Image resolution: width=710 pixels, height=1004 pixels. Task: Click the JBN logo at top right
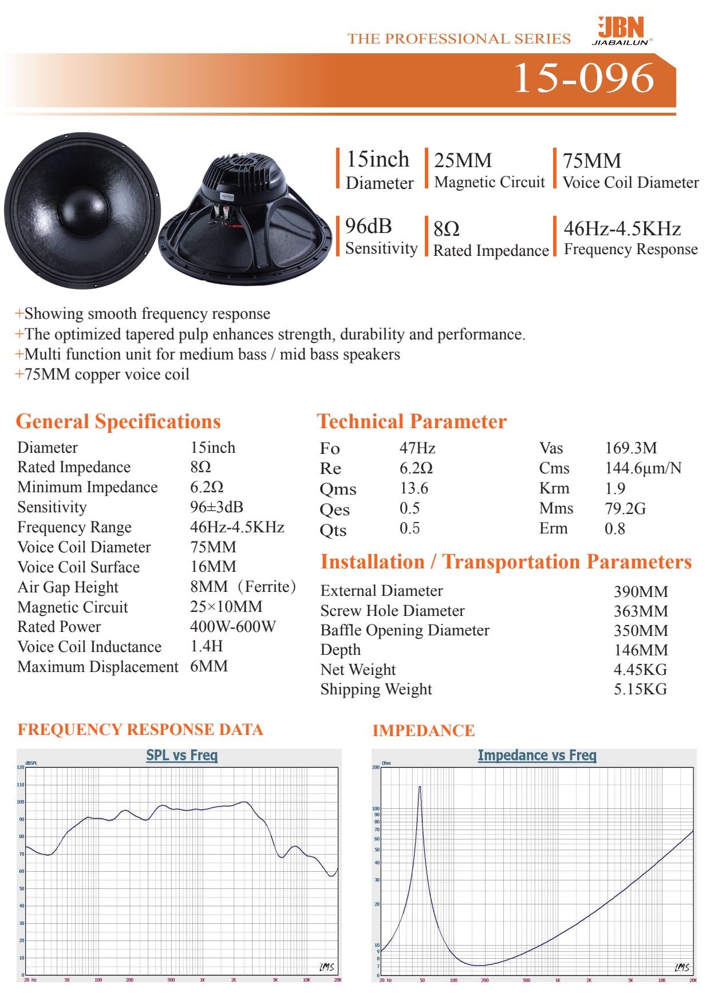pyautogui.click(x=621, y=30)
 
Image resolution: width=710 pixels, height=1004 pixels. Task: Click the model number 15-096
pyautogui.click(x=583, y=78)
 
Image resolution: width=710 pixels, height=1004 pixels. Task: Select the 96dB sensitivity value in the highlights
pyautogui.click(x=368, y=227)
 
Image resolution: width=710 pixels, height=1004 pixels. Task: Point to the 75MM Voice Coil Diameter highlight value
pyautogui.click(x=591, y=161)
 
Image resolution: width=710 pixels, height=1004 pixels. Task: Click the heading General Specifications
pyautogui.click(x=118, y=421)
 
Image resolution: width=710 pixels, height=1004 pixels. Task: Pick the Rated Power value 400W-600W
pyautogui.click(x=232, y=627)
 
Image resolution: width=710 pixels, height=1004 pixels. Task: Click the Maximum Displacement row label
pyautogui.click(x=98, y=667)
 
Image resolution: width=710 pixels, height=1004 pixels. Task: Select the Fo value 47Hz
pyautogui.click(x=417, y=448)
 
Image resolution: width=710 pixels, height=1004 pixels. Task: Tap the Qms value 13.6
pyautogui.click(x=413, y=488)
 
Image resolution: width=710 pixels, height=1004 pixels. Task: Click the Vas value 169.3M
pyautogui.click(x=630, y=448)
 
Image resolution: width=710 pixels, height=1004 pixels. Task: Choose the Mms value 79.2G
pyautogui.click(x=625, y=508)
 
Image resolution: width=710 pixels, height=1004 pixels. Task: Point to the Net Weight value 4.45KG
pyautogui.click(x=640, y=670)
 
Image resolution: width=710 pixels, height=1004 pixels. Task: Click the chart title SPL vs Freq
pyautogui.click(x=182, y=755)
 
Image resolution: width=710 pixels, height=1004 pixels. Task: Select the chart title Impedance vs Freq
pyautogui.click(x=537, y=756)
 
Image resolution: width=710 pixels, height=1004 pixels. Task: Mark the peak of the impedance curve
pyautogui.click(x=420, y=788)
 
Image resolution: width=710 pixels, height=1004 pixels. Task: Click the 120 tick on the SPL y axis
pyautogui.click(x=21, y=767)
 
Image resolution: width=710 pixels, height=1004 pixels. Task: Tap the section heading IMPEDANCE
pyautogui.click(x=423, y=731)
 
